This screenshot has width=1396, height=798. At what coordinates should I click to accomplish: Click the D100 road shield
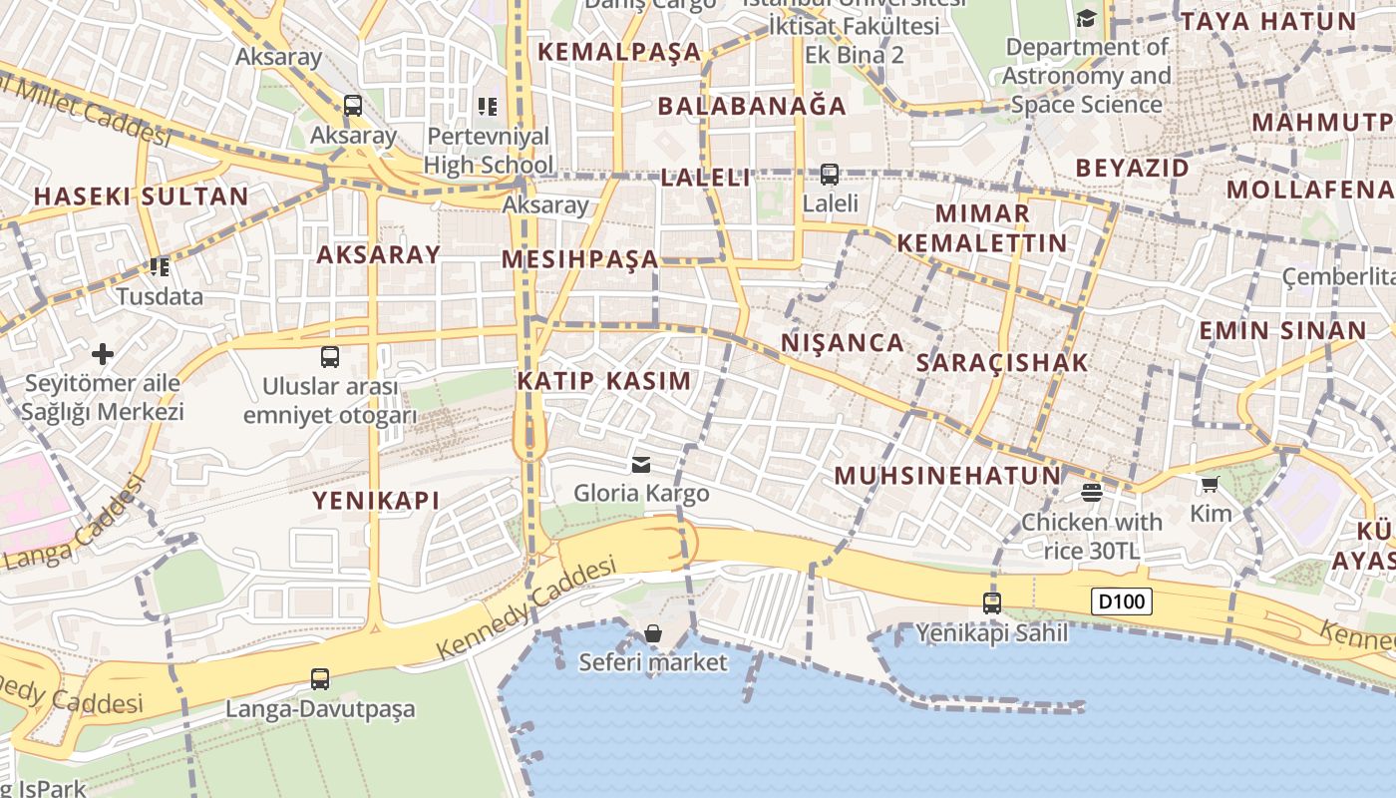(1123, 601)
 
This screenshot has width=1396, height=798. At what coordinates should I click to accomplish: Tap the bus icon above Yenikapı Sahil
(991, 602)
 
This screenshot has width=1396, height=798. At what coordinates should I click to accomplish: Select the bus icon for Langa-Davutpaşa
(320, 679)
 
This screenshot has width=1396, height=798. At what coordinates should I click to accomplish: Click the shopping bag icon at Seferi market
(653, 633)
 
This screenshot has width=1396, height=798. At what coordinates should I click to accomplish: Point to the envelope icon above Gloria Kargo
(641, 464)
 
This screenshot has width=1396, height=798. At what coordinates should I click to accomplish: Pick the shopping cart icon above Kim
(1210, 485)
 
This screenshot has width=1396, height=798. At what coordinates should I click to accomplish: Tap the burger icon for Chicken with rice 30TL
(1092, 492)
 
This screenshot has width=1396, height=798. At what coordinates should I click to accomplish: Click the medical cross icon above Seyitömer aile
(103, 353)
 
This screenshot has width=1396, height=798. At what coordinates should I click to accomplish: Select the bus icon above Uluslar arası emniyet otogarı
(330, 356)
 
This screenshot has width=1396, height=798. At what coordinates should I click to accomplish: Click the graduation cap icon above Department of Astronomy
(1086, 18)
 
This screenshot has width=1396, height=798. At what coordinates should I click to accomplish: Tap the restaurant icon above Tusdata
(159, 266)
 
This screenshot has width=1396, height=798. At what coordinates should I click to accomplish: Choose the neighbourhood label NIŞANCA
(843, 343)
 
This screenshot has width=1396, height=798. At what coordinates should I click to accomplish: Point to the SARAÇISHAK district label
(1002, 363)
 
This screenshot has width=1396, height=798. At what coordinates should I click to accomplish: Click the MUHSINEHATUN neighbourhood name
(947, 476)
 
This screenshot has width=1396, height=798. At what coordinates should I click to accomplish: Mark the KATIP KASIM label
(603, 381)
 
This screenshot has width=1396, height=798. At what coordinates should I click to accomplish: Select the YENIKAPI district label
(376, 501)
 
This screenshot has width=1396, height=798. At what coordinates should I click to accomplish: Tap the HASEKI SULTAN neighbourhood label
(141, 197)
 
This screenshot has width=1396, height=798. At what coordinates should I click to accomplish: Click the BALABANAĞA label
(752, 106)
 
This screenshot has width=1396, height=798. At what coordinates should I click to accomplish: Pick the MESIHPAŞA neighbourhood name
(579, 260)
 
